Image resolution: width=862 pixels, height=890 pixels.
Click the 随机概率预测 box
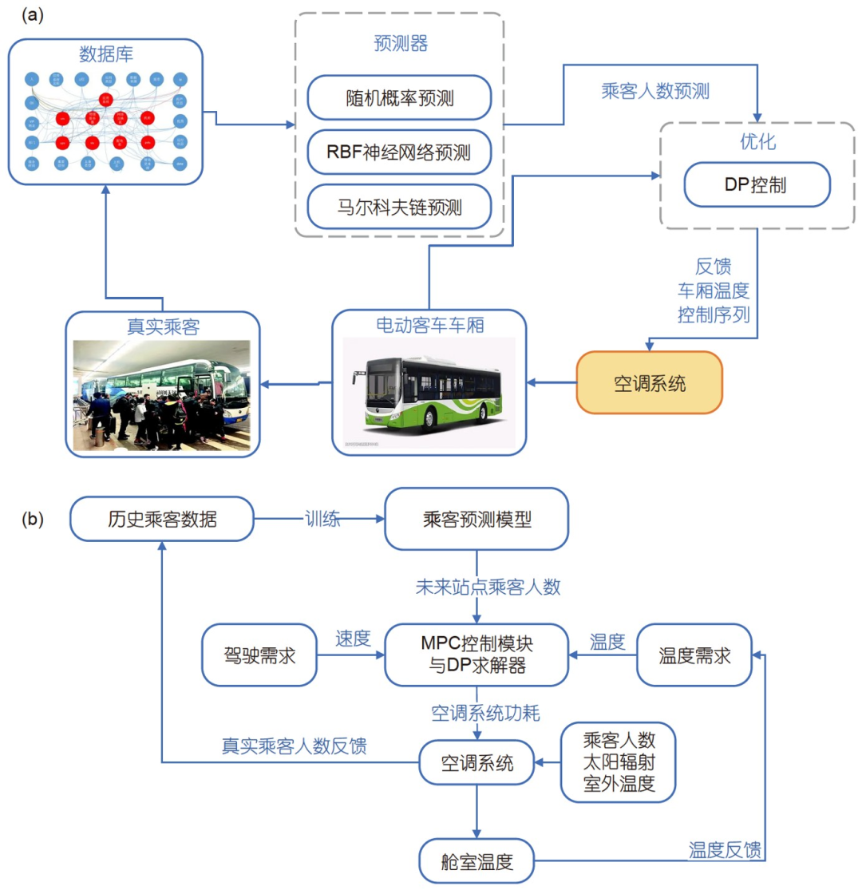398,98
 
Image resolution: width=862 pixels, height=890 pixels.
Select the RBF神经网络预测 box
398,152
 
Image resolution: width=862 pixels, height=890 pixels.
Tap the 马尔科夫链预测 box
398,207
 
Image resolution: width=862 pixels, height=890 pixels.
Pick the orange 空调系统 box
649,382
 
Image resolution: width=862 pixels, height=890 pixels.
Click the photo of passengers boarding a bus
162,395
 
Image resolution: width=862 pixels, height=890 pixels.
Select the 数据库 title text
106,55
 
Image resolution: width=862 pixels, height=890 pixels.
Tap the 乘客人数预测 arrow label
655,91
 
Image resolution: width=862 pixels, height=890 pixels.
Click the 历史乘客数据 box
162,519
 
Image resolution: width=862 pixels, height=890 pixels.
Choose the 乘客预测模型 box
476,520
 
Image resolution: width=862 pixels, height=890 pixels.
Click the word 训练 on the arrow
322,518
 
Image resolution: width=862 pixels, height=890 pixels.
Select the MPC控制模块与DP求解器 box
476,655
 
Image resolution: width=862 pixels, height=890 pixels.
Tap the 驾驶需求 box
259,655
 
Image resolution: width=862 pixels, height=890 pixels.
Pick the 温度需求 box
694,655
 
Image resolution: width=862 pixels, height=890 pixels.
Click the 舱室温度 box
476,860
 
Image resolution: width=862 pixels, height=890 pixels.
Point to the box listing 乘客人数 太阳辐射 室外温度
619,762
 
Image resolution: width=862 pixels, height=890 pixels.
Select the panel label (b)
33,518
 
